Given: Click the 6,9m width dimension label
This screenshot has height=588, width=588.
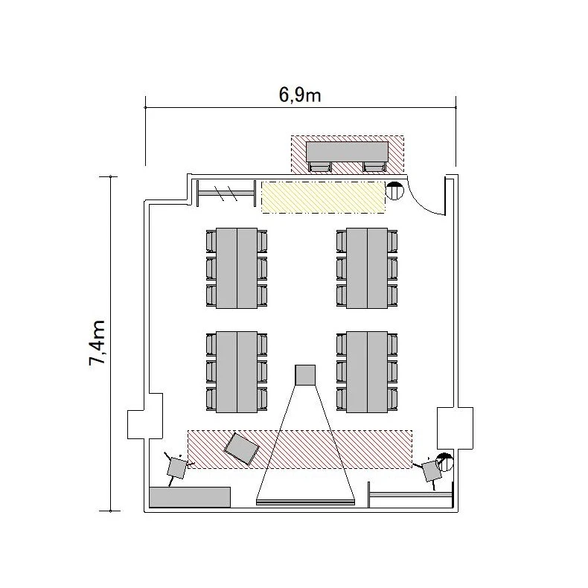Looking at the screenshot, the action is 300,95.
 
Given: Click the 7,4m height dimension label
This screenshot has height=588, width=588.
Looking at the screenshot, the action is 97,342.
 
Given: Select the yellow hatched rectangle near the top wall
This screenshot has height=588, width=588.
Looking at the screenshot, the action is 323,197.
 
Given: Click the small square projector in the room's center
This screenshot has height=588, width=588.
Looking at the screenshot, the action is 305,374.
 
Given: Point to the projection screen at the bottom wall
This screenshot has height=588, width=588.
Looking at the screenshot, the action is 305,502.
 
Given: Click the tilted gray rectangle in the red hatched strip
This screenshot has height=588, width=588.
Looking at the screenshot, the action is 241,449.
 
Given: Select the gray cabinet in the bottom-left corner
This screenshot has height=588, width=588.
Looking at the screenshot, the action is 190,497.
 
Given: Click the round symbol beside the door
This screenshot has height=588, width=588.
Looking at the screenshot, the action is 394,191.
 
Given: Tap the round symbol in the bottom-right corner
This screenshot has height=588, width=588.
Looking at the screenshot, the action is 445,462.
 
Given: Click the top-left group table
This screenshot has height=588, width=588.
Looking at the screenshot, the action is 237,268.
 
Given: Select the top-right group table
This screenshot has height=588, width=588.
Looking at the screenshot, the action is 367,268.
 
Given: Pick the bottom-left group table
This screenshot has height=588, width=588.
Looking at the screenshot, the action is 237,372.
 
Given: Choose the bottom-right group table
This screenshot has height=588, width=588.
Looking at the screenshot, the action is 367,372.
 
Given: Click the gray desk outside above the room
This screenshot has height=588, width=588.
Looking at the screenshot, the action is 347,152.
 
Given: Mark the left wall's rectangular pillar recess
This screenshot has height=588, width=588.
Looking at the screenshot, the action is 145,416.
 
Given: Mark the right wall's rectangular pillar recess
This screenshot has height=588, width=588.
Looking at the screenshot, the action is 455,427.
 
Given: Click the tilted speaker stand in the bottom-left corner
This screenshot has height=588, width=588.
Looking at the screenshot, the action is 176,468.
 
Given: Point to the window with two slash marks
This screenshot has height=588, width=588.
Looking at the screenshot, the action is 226,194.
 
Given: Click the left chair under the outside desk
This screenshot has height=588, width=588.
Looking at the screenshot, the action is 320,167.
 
